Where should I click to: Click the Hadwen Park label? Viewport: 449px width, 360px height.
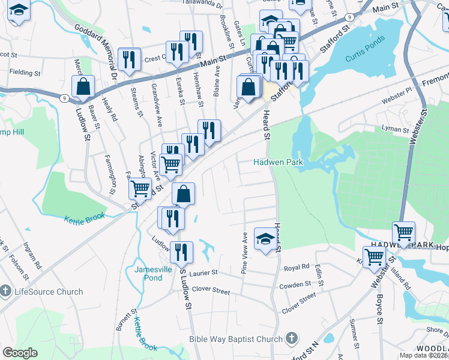277,162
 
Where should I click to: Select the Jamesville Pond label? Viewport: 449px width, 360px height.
148,274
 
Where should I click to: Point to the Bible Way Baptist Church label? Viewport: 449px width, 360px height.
235,339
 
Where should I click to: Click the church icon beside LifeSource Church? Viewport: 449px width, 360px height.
6,292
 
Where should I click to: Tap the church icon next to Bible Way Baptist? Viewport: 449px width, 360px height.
292,339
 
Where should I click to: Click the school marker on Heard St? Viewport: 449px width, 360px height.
265,238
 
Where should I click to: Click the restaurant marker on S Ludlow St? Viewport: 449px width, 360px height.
181,252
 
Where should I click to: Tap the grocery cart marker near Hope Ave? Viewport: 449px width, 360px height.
403,232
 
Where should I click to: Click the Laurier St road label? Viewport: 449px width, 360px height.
203,273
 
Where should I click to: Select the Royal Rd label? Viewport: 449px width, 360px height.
297,267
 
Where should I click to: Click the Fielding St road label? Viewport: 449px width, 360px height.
25,73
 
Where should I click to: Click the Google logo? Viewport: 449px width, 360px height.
20,353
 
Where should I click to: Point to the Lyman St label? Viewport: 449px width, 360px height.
395,129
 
